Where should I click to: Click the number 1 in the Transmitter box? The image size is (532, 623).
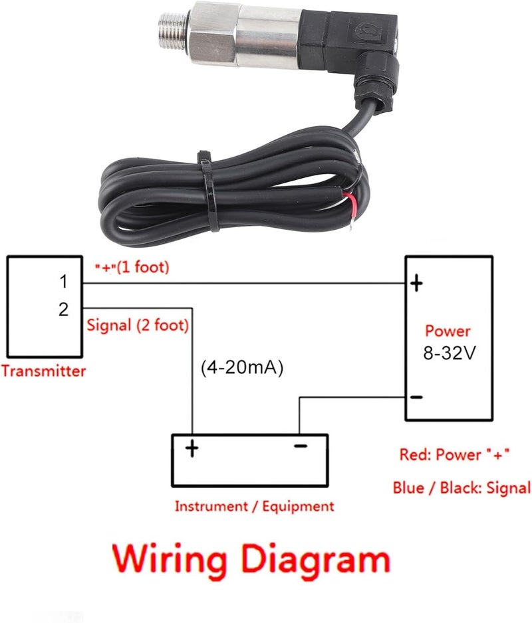(63, 282)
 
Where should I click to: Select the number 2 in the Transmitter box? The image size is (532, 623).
(63, 309)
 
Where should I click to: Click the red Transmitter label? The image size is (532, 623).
(43, 371)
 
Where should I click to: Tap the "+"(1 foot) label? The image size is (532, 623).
(132, 267)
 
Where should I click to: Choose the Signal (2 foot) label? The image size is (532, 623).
(138, 325)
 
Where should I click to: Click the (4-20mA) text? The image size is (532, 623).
(242, 368)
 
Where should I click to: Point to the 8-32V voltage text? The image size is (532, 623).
(450, 353)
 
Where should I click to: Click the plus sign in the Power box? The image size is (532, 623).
(416, 284)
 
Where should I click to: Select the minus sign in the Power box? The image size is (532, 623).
(416, 397)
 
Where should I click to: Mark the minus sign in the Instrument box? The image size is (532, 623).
(301, 446)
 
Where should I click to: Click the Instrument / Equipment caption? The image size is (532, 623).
(255, 506)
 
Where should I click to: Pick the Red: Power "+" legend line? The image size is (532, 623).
(454, 454)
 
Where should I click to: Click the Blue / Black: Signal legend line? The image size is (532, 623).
(462, 488)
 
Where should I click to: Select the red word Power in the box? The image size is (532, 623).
(448, 331)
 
